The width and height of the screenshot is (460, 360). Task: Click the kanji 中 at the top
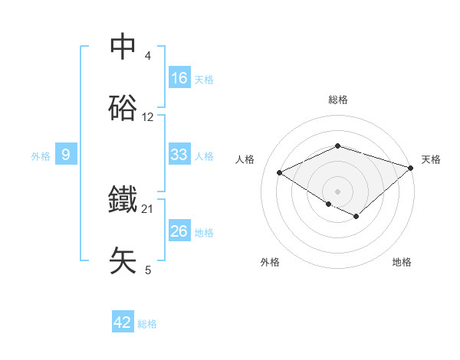click(123, 47)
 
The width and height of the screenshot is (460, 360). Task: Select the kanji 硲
click(123, 109)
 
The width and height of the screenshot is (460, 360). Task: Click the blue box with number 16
click(179, 78)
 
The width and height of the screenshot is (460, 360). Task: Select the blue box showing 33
click(179, 155)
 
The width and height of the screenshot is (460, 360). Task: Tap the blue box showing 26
click(179, 231)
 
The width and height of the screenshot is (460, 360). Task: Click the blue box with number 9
click(66, 155)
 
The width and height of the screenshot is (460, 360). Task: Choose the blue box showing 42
click(123, 322)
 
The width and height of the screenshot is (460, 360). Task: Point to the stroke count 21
click(148, 208)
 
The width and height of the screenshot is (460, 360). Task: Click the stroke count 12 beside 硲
click(148, 117)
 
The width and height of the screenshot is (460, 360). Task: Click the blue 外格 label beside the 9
click(41, 156)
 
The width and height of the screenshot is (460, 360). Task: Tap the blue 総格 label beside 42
click(147, 324)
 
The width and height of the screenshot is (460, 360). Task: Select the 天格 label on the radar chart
click(431, 159)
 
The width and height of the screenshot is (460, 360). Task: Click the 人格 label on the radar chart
click(245, 159)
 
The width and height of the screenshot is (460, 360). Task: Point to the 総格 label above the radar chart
click(338, 100)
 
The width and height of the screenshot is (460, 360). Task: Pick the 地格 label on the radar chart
click(402, 262)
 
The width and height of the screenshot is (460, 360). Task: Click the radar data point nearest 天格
click(412, 167)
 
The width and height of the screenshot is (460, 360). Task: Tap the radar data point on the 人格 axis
click(280, 173)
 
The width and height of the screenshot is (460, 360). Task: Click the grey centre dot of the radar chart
click(338, 190)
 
